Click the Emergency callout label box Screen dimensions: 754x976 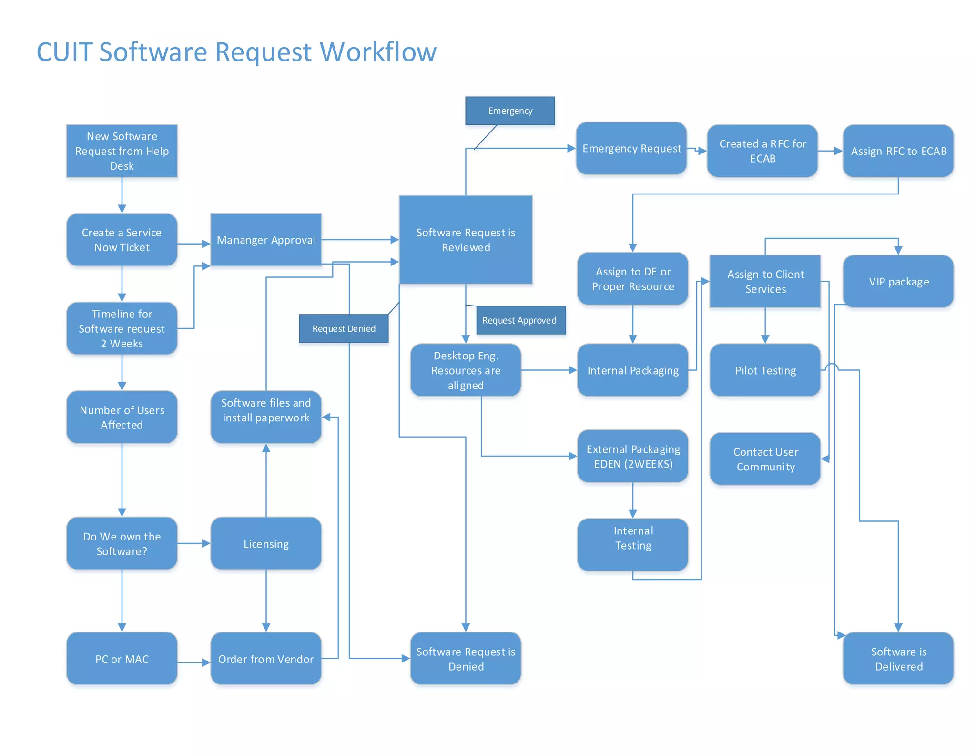(510, 111)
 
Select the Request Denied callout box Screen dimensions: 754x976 (344, 328)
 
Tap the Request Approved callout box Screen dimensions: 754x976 (520, 320)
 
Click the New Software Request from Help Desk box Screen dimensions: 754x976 (122, 151)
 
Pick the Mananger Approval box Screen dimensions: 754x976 (266, 240)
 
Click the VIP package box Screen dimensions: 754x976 (898, 281)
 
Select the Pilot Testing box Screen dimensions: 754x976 (765, 370)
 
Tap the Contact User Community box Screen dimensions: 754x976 (765, 459)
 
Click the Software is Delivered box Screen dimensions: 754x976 (898, 659)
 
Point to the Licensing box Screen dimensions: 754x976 (266, 544)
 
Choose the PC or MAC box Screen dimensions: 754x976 (122, 659)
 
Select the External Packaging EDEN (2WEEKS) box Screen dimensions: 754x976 (632, 456)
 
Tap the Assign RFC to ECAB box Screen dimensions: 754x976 (898, 151)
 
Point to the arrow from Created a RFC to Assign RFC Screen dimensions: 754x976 (830, 151)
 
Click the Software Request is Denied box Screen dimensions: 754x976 (466, 659)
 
